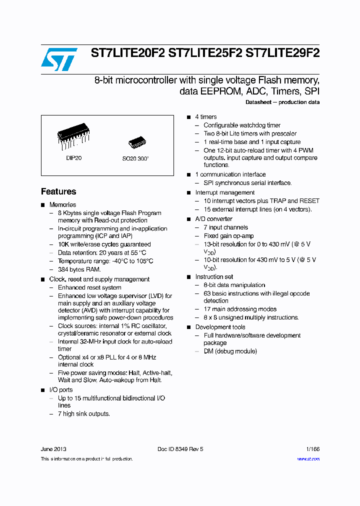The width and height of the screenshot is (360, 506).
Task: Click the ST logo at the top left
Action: click(x=59, y=59)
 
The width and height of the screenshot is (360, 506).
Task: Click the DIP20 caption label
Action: click(x=73, y=157)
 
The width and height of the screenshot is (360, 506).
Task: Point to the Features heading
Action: click(x=58, y=191)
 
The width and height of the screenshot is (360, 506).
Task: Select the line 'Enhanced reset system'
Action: click(x=89, y=287)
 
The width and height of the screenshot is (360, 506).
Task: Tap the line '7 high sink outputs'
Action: click(x=83, y=413)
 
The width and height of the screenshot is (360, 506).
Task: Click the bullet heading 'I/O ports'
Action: click(x=60, y=389)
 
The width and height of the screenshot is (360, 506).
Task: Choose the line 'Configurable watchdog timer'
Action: click(x=242, y=125)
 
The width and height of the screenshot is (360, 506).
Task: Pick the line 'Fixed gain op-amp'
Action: click(x=228, y=235)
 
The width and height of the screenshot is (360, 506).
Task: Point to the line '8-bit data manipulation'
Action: click(x=234, y=285)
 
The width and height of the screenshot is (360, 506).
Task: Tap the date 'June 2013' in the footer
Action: click(x=53, y=449)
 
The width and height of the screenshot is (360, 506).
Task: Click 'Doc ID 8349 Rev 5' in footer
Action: click(x=180, y=449)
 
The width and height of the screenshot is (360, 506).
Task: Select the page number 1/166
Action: click(x=312, y=449)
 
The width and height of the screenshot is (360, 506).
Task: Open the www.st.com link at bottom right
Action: click(x=308, y=458)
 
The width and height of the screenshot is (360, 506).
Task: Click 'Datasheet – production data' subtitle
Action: click(x=282, y=102)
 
